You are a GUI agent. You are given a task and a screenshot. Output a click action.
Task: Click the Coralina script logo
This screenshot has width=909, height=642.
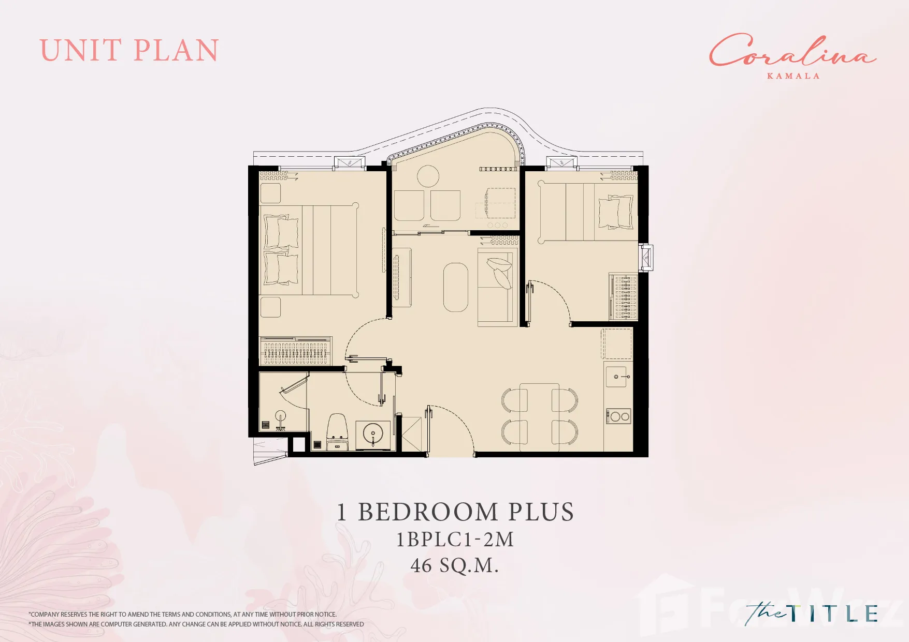(x=792, y=50)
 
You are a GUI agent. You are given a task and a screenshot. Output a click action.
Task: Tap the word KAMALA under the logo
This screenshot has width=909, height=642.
(x=793, y=76)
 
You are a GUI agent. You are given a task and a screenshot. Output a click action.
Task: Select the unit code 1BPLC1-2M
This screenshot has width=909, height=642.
(x=455, y=540)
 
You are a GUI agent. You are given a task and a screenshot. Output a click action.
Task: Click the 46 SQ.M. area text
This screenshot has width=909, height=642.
(x=454, y=565)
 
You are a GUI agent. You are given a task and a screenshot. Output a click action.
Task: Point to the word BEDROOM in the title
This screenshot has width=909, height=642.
(x=429, y=512)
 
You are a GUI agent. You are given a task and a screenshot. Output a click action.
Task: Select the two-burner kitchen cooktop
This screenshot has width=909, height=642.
(x=618, y=416)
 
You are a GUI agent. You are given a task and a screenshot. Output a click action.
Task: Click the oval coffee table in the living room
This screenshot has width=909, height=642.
(x=456, y=287)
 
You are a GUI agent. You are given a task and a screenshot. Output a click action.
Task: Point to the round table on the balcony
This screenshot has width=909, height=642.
(x=428, y=176)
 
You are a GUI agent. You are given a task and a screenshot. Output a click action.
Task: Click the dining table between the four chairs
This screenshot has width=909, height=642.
(x=539, y=416)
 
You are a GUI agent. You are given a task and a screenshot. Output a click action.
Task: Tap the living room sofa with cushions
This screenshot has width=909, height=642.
(x=497, y=287)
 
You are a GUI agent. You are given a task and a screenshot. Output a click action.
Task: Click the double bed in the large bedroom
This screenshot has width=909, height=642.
(x=309, y=250)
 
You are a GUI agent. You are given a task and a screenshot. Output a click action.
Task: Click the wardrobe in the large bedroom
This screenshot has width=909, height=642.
(x=295, y=351)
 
